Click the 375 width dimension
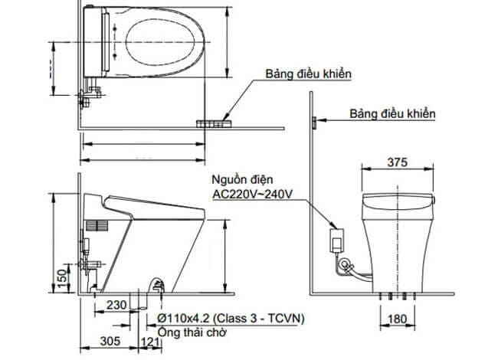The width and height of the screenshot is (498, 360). coord(396,162)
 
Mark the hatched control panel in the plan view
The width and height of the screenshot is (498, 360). coord(215,121)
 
